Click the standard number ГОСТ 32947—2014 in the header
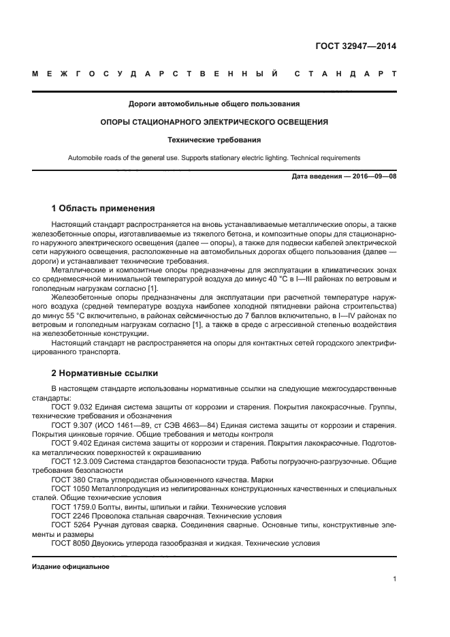tap(355, 46)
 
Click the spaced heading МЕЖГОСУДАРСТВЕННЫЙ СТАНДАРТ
tap(214, 73)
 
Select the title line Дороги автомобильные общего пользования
tap(214, 104)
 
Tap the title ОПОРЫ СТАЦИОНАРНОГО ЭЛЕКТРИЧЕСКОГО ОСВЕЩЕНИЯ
tap(214, 122)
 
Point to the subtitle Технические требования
tap(214, 140)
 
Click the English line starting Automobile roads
tap(214, 157)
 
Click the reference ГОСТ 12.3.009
tap(76, 462)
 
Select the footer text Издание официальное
tap(71, 567)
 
